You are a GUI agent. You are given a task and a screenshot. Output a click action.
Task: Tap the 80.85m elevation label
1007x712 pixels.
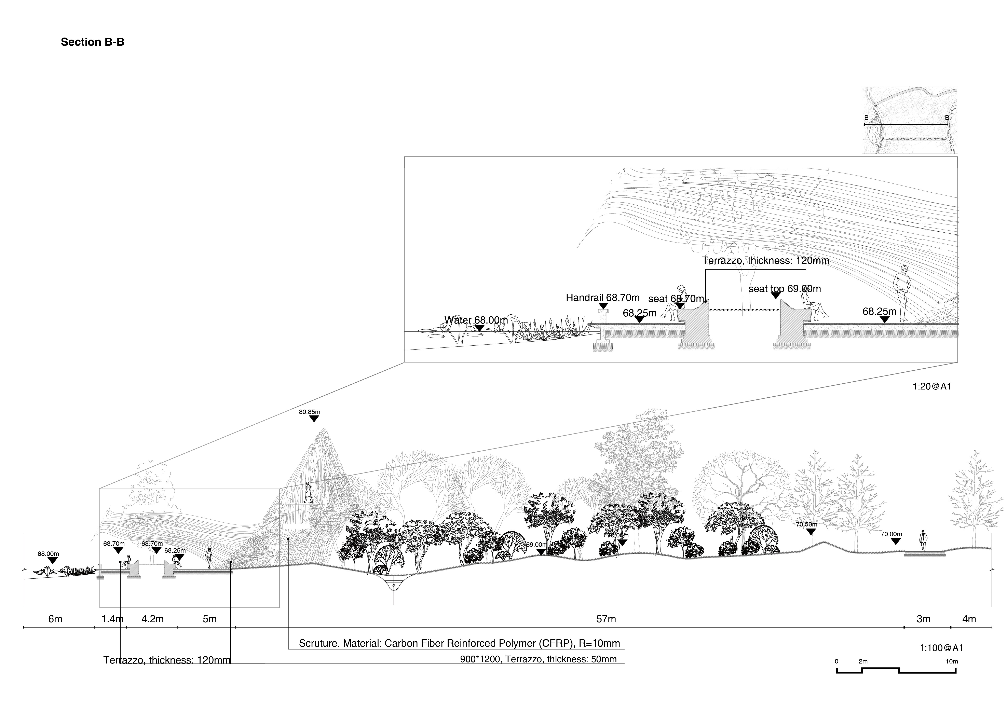click(310, 412)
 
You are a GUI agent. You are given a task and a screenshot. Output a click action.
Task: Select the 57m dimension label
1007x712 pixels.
click(606, 619)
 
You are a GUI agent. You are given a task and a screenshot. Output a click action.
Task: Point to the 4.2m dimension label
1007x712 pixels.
click(153, 619)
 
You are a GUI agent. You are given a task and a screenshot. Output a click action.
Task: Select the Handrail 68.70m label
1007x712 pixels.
click(603, 298)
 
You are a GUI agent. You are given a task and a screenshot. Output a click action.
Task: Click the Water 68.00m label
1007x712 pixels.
click(476, 320)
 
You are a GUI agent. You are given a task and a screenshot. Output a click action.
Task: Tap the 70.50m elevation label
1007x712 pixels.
click(807, 524)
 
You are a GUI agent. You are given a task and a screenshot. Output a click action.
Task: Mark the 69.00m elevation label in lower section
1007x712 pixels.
click(537, 545)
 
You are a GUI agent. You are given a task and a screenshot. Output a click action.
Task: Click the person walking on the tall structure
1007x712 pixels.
click(308, 492)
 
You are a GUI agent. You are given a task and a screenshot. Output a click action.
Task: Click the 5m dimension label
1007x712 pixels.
click(210, 619)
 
